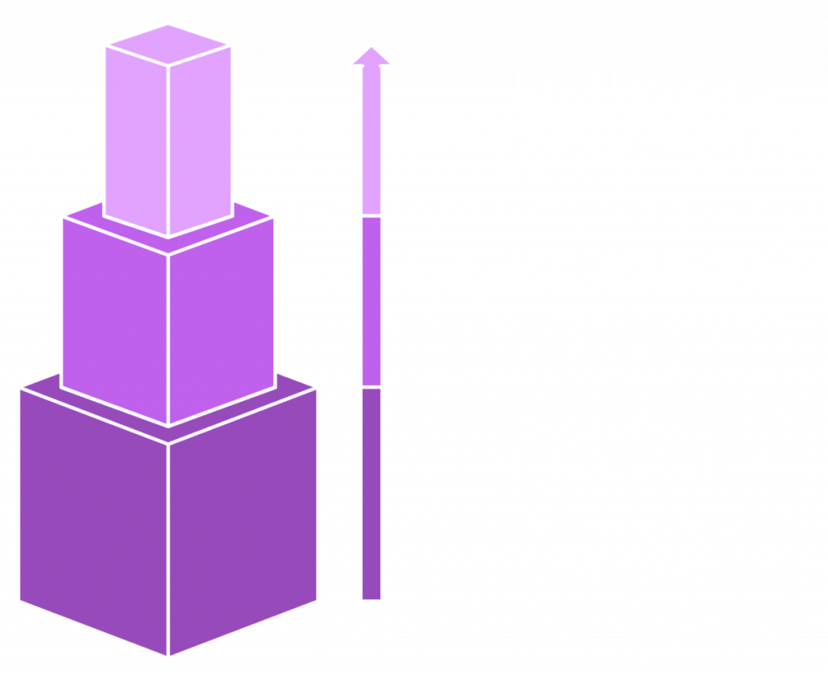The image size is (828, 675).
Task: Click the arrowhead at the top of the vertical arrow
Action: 372,57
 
